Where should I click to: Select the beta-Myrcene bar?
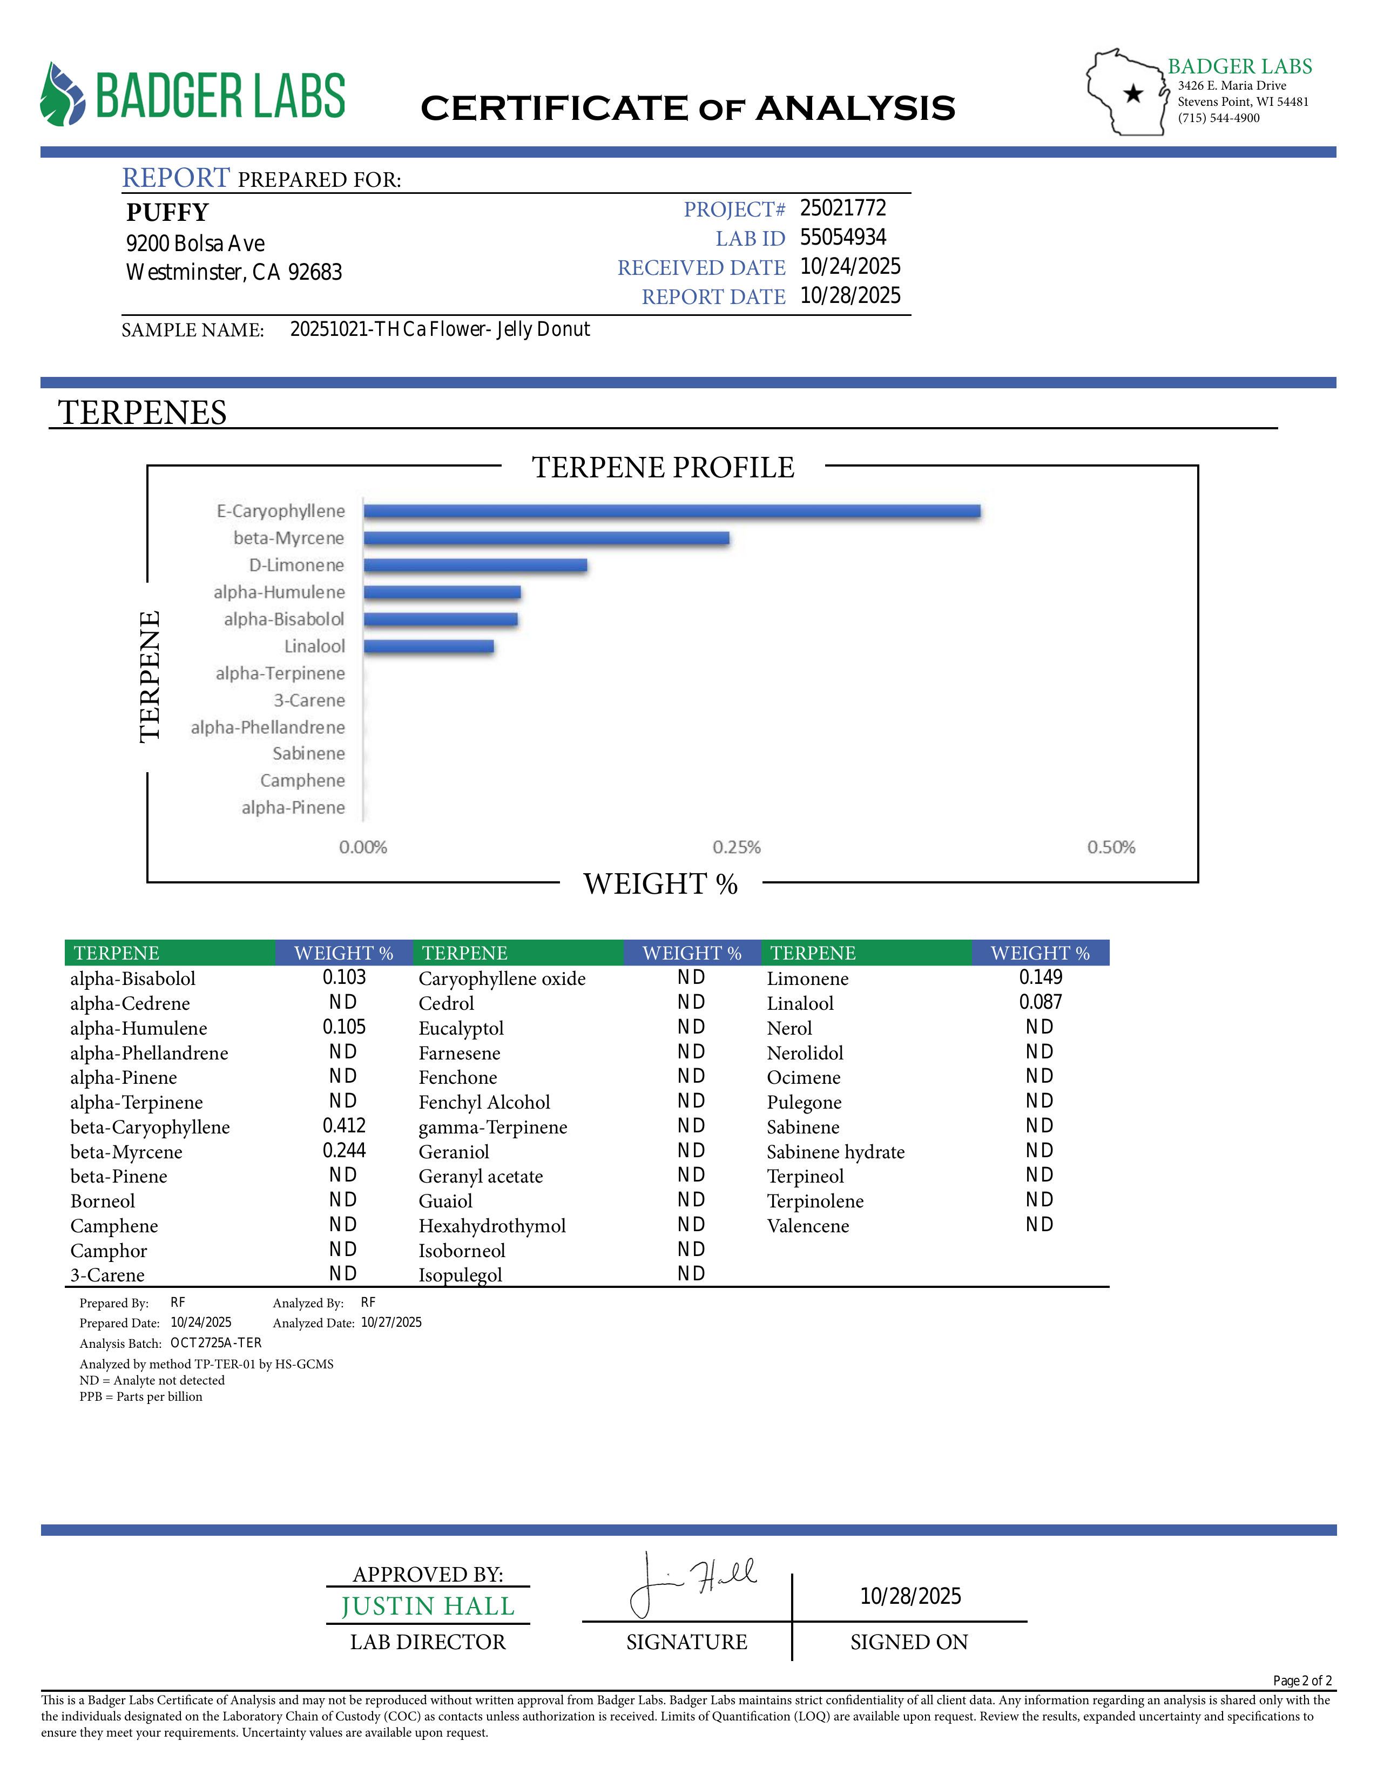click(x=546, y=538)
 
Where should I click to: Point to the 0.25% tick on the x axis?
click(x=736, y=847)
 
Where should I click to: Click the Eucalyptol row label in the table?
click(x=461, y=1028)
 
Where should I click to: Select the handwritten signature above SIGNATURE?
click(x=693, y=1583)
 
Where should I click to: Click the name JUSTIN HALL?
click(x=428, y=1606)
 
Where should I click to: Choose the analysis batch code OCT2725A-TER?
click(x=215, y=1343)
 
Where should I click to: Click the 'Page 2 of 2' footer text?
click(x=1302, y=1681)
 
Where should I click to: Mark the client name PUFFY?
click(x=167, y=212)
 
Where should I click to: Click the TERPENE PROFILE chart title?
click(x=663, y=468)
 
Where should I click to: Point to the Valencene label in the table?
click(x=808, y=1226)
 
